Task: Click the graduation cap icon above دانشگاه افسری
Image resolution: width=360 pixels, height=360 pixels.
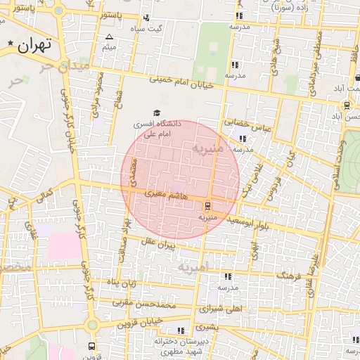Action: coord(157,112)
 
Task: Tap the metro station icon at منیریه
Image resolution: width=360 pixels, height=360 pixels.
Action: coord(207,206)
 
